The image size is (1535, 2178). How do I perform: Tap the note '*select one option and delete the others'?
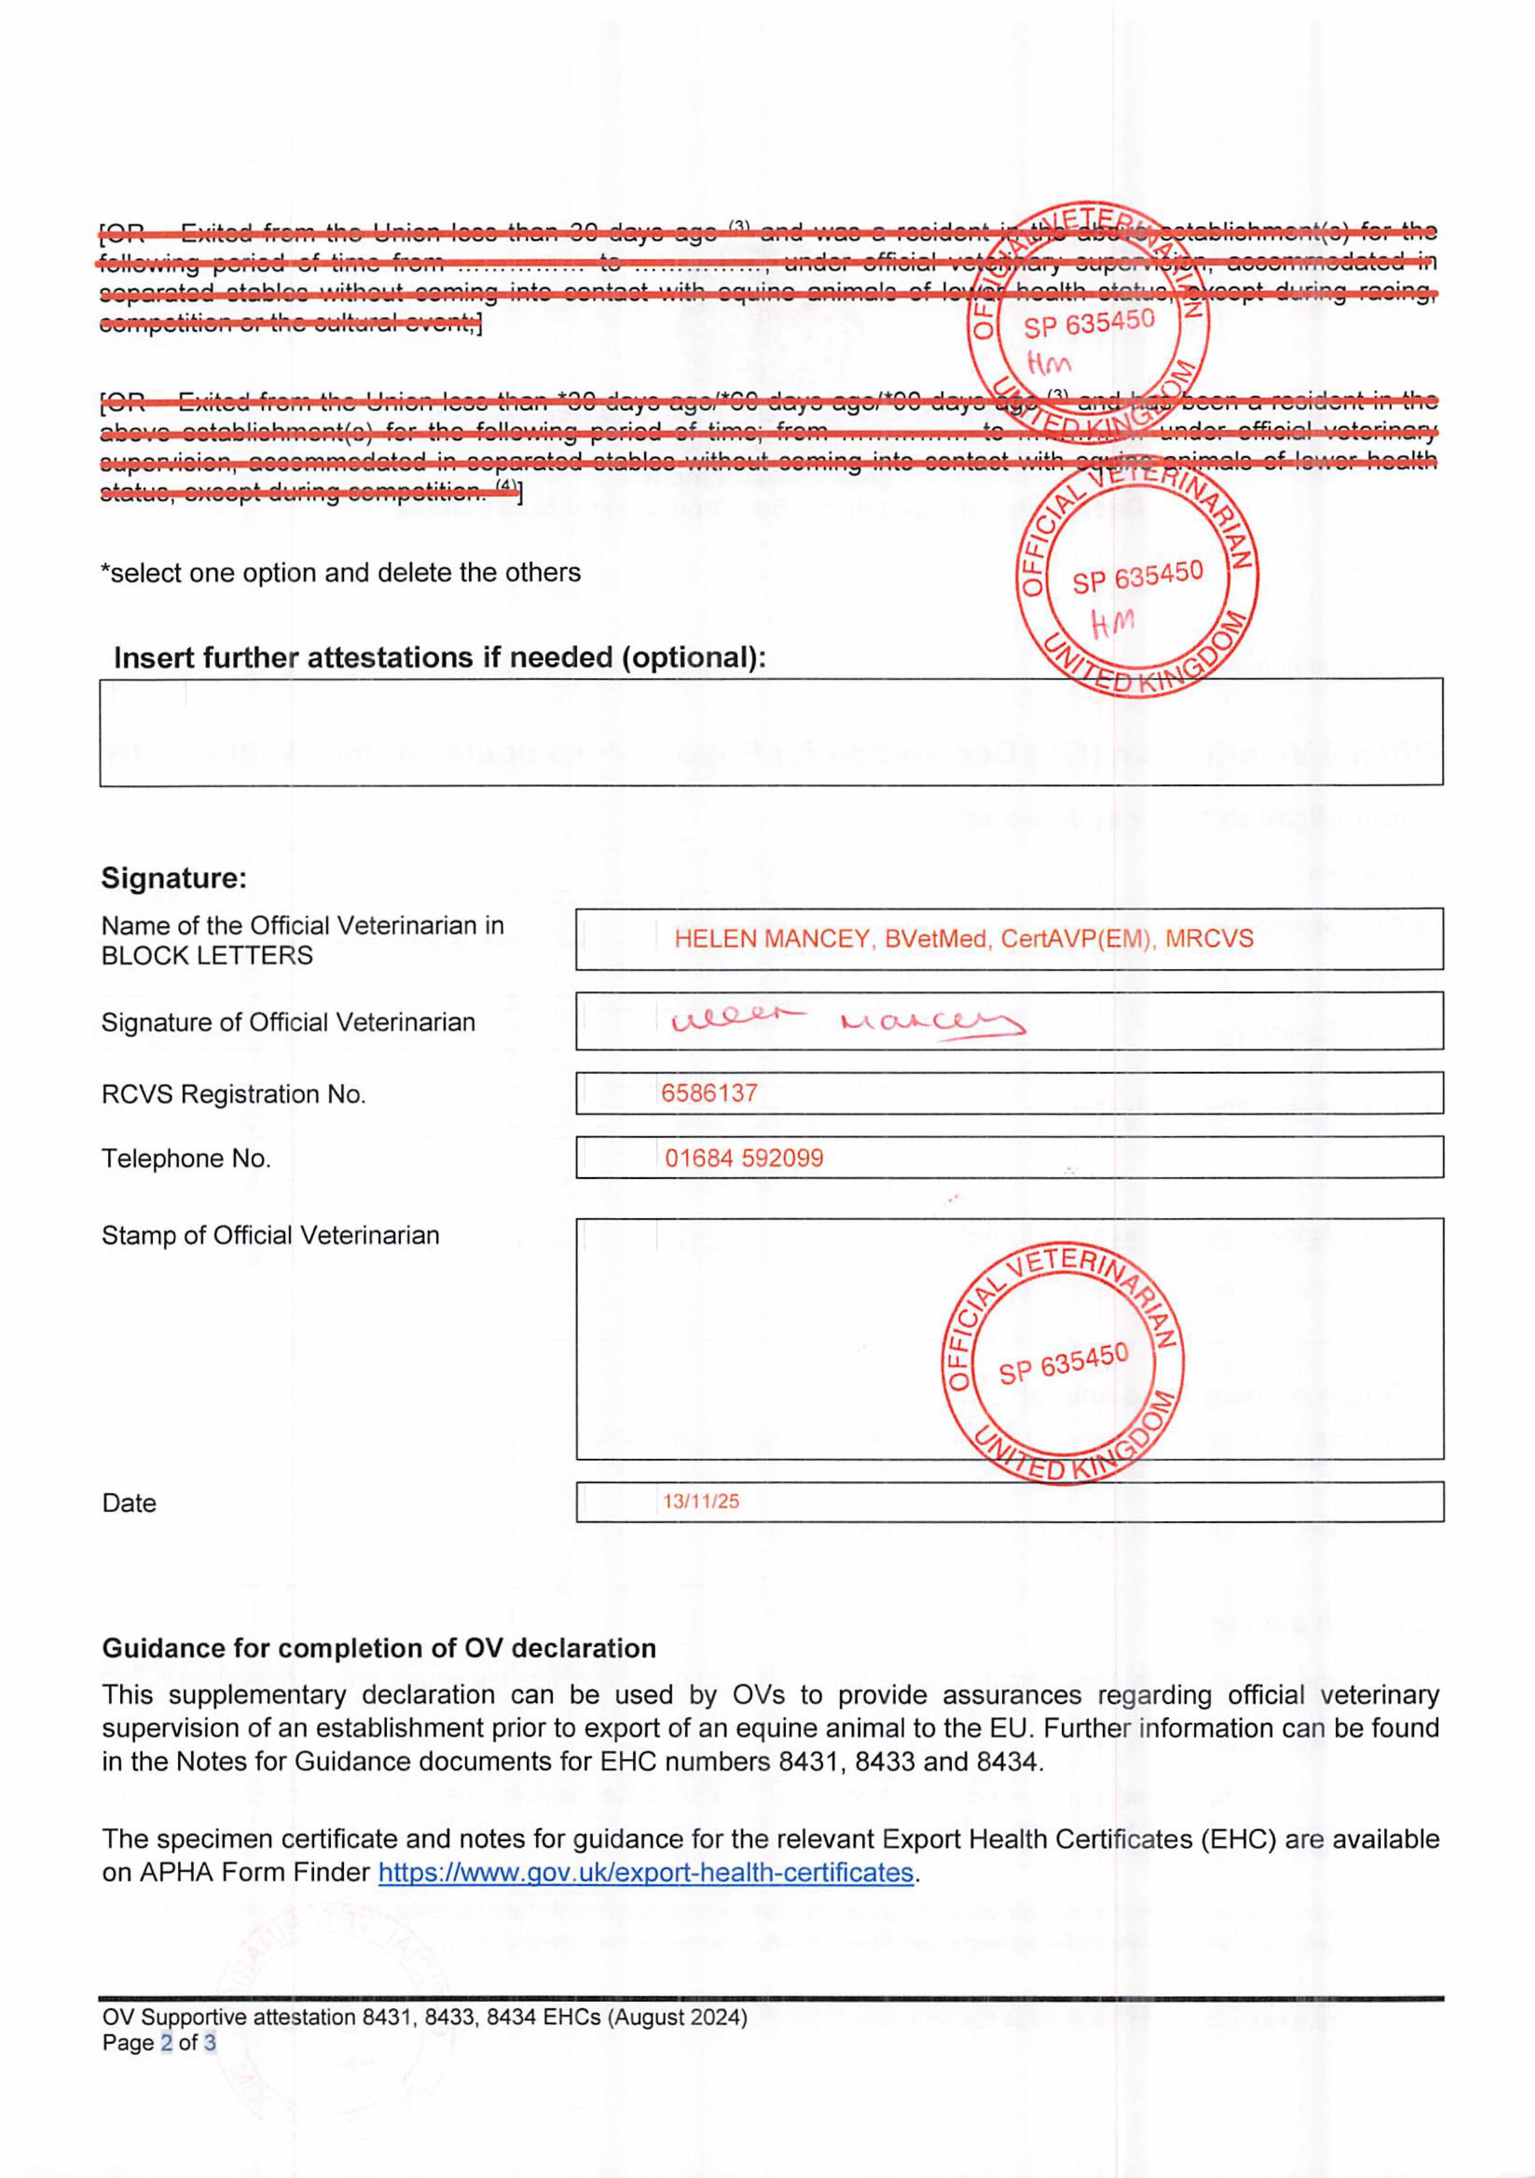point(341,573)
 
